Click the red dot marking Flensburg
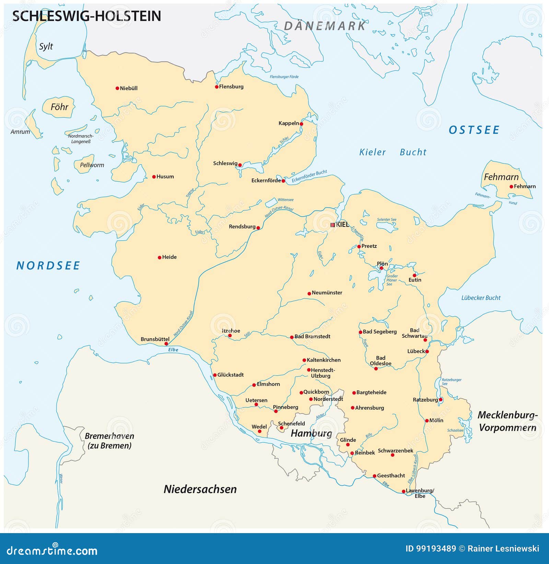(217, 87)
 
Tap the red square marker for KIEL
(332, 225)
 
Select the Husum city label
(165, 176)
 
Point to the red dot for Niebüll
(117, 88)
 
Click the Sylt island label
(46, 46)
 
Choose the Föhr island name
(59, 107)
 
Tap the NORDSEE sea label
(48, 265)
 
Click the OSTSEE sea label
(474, 130)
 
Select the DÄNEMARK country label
(325, 26)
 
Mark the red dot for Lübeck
(427, 352)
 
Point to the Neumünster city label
(327, 293)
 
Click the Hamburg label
(311, 433)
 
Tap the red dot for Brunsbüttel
(166, 344)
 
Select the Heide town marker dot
(159, 257)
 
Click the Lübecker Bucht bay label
(481, 298)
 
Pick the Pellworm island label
(92, 165)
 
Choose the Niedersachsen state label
(200, 489)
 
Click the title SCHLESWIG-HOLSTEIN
(86, 16)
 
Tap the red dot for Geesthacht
(374, 476)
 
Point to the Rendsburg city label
(242, 227)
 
